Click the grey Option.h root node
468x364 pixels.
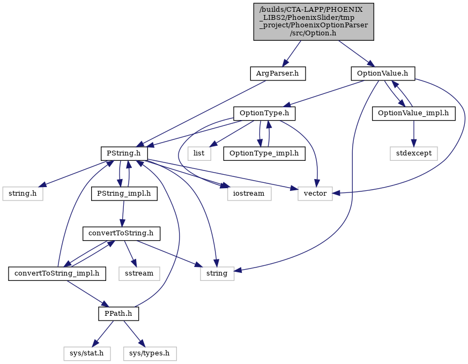[314, 22]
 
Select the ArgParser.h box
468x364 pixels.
[278, 73]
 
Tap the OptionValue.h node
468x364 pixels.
[383, 73]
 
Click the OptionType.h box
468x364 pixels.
[264, 113]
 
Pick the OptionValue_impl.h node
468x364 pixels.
[413, 113]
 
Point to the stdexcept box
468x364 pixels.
[414, 153]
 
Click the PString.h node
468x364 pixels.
[124, 153]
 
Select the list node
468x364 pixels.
[199, 153]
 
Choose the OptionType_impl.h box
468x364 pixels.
[264, 153]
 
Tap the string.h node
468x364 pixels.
[23, 194]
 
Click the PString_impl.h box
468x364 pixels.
[124, 194]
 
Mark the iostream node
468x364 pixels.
[249, 194]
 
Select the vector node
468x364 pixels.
[315, 194]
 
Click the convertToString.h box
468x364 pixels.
[121, 233]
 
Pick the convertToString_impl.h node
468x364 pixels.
[57, 273]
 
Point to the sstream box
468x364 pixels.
[139, 273]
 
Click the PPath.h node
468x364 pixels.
[118, 314]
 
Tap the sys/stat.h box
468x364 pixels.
[86, 354]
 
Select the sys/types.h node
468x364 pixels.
[149, 354]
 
